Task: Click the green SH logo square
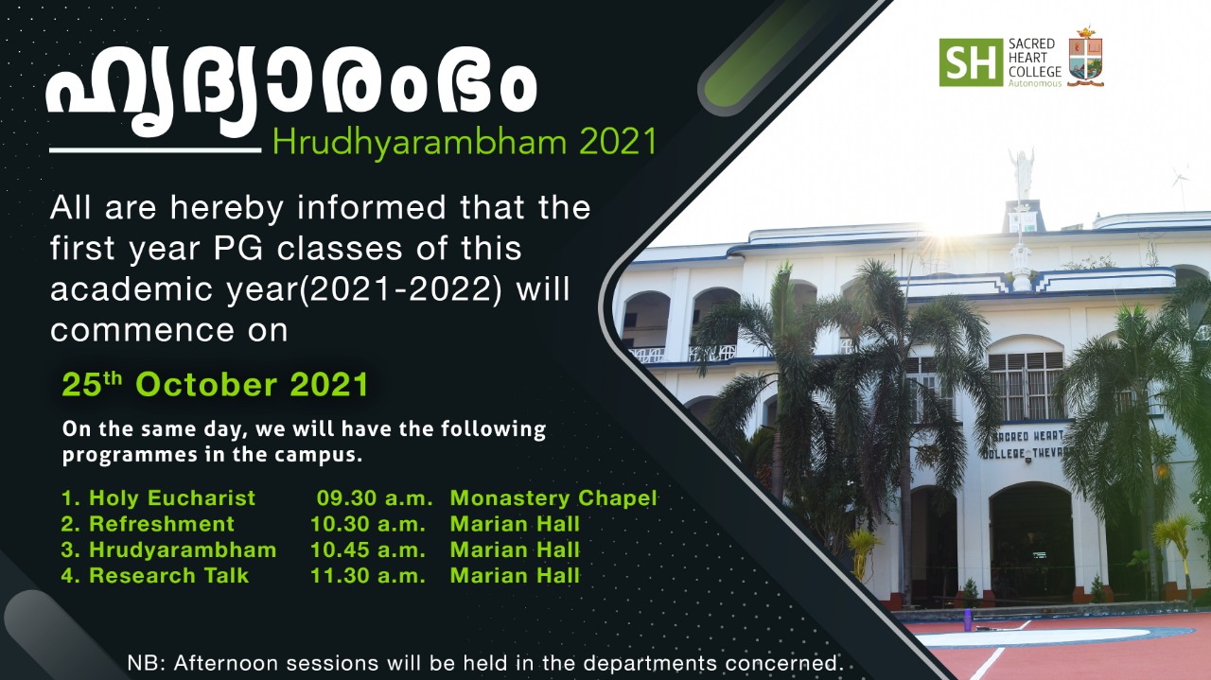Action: tap(971, 62)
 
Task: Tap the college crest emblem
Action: tap(1085, 56)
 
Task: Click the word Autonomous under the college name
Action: tap(1035, 84)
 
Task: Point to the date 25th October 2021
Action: tap(215, 384)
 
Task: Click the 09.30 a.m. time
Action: tap(375, 497)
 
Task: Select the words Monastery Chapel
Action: tap(553, 497)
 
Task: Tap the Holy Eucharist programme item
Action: tap(158, 497)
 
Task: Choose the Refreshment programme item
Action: tap(148, 524)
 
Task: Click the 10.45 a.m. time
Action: tap(368, 549)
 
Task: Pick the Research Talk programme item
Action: tap(155, 575)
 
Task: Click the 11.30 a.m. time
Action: tap(368, 575)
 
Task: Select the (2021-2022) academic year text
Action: tap(402, 289)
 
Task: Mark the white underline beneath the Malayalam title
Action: tap(155, 149)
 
